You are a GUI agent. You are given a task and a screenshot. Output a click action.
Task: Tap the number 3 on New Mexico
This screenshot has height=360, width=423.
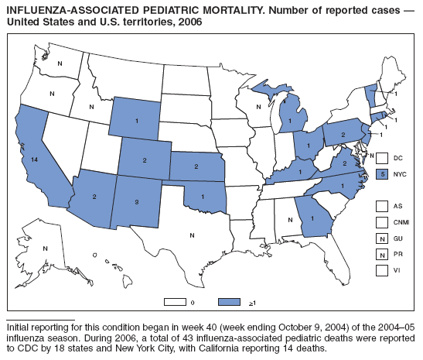click(137, 201)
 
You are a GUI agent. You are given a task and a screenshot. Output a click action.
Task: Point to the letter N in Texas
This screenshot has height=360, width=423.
click(193, 235)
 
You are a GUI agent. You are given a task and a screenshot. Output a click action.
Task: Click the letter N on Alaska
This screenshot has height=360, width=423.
click(46, 248)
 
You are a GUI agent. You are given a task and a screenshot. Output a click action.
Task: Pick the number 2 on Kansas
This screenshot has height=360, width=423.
click(196, 166)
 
